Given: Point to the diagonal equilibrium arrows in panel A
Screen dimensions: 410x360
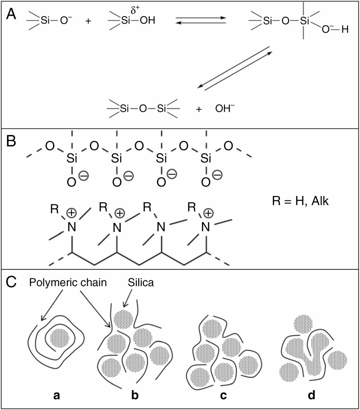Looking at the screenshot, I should click(235, 68).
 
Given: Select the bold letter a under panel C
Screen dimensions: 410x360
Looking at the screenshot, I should click(57, 394).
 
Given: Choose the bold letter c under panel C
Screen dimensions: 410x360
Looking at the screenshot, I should click(219, 394).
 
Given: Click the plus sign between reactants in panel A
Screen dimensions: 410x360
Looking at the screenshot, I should click(88, 22).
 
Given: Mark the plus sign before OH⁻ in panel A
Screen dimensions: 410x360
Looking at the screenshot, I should click(199, 109).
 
